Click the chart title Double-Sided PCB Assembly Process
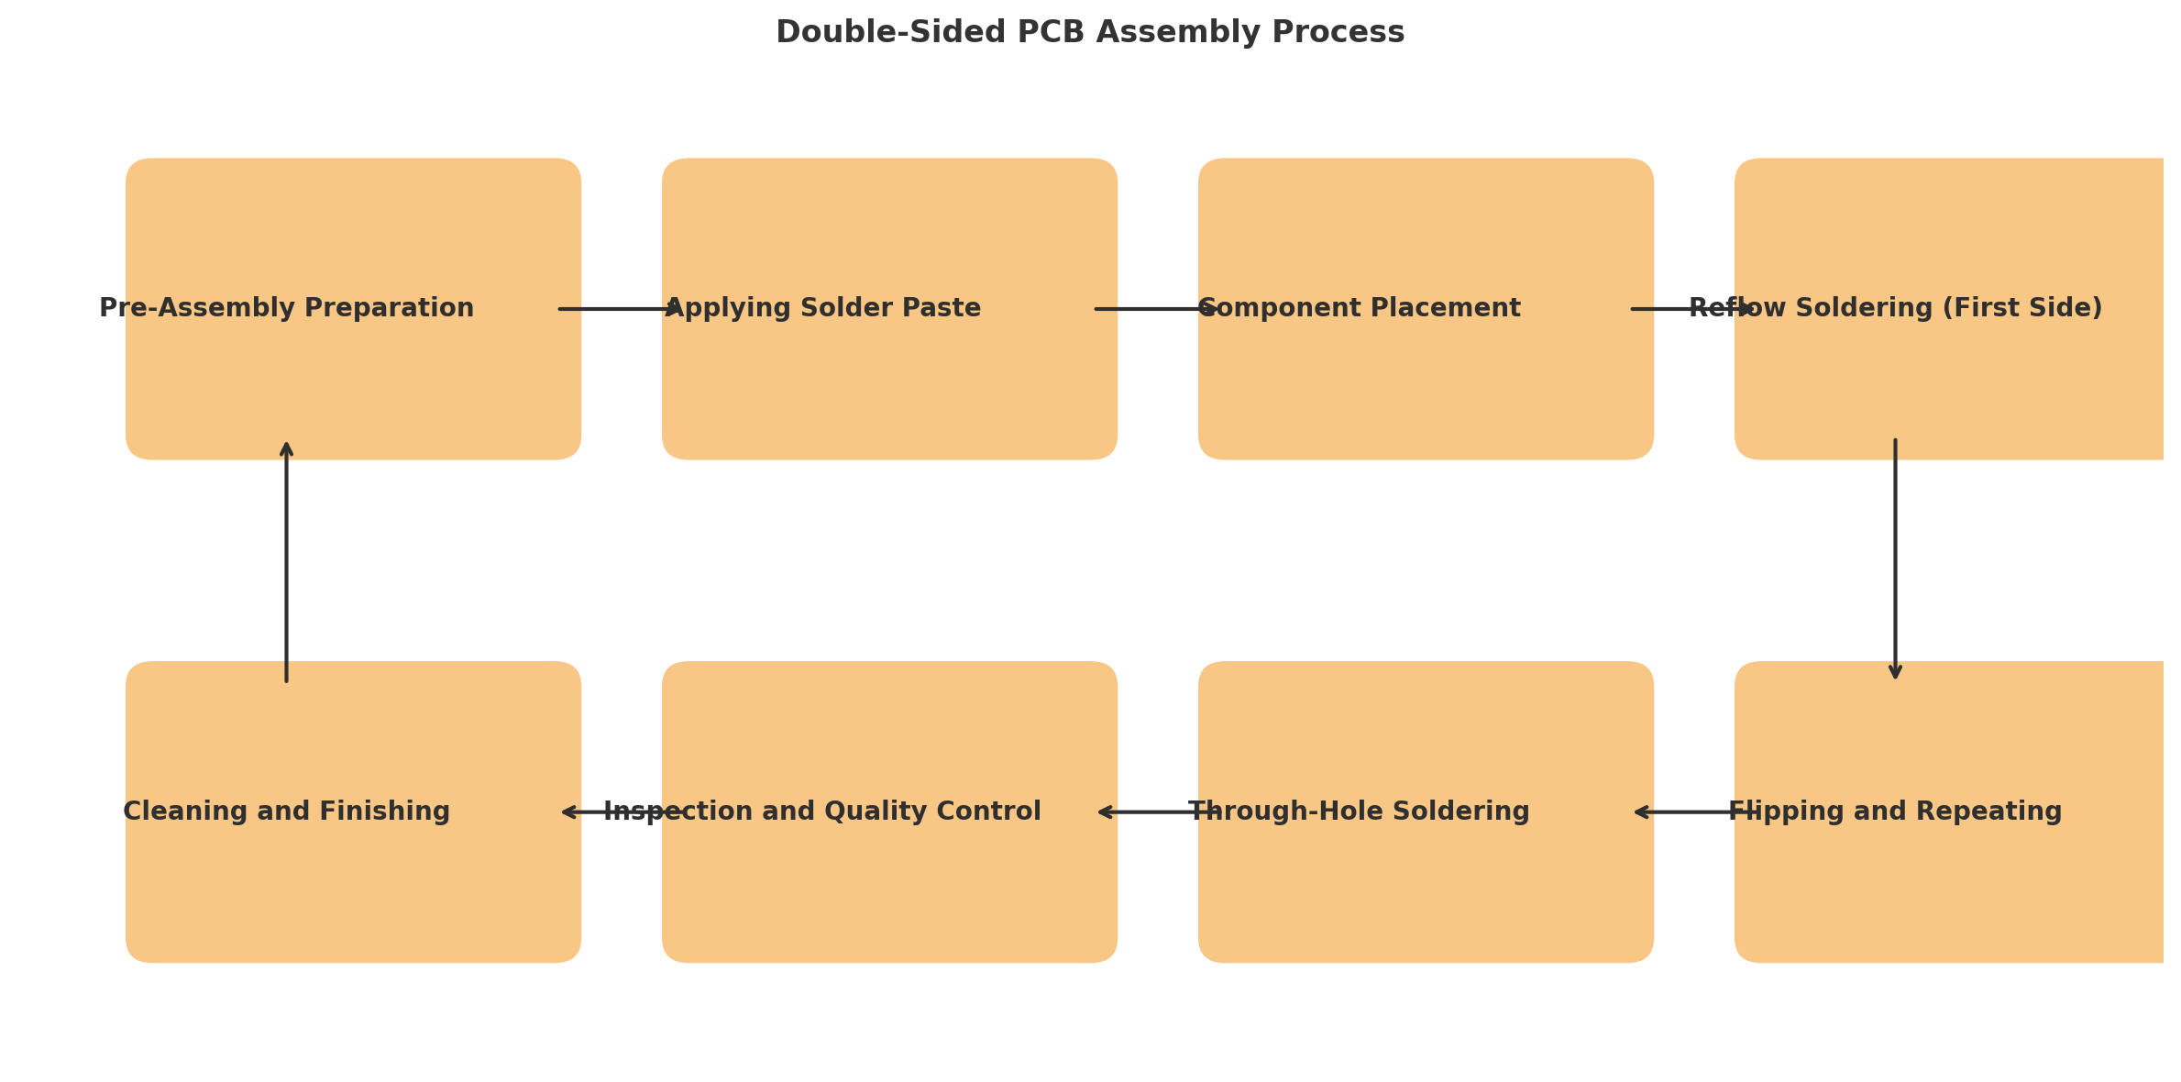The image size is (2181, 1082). click(1090, 33)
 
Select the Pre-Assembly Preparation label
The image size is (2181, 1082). click(286, 309)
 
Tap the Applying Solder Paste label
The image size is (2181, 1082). click(823, 309)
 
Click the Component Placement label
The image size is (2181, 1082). click(1360, 309)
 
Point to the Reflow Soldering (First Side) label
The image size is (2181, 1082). click(1895, 309)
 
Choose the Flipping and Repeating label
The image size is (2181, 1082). click(1895, 812)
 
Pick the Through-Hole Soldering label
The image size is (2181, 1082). click(1360, 812)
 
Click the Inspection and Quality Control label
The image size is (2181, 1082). click(822, 812)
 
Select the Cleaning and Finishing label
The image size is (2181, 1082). click(286, 812)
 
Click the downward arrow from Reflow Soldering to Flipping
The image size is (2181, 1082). click(1895, 559)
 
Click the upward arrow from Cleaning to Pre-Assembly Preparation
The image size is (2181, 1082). click(286, 561)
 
